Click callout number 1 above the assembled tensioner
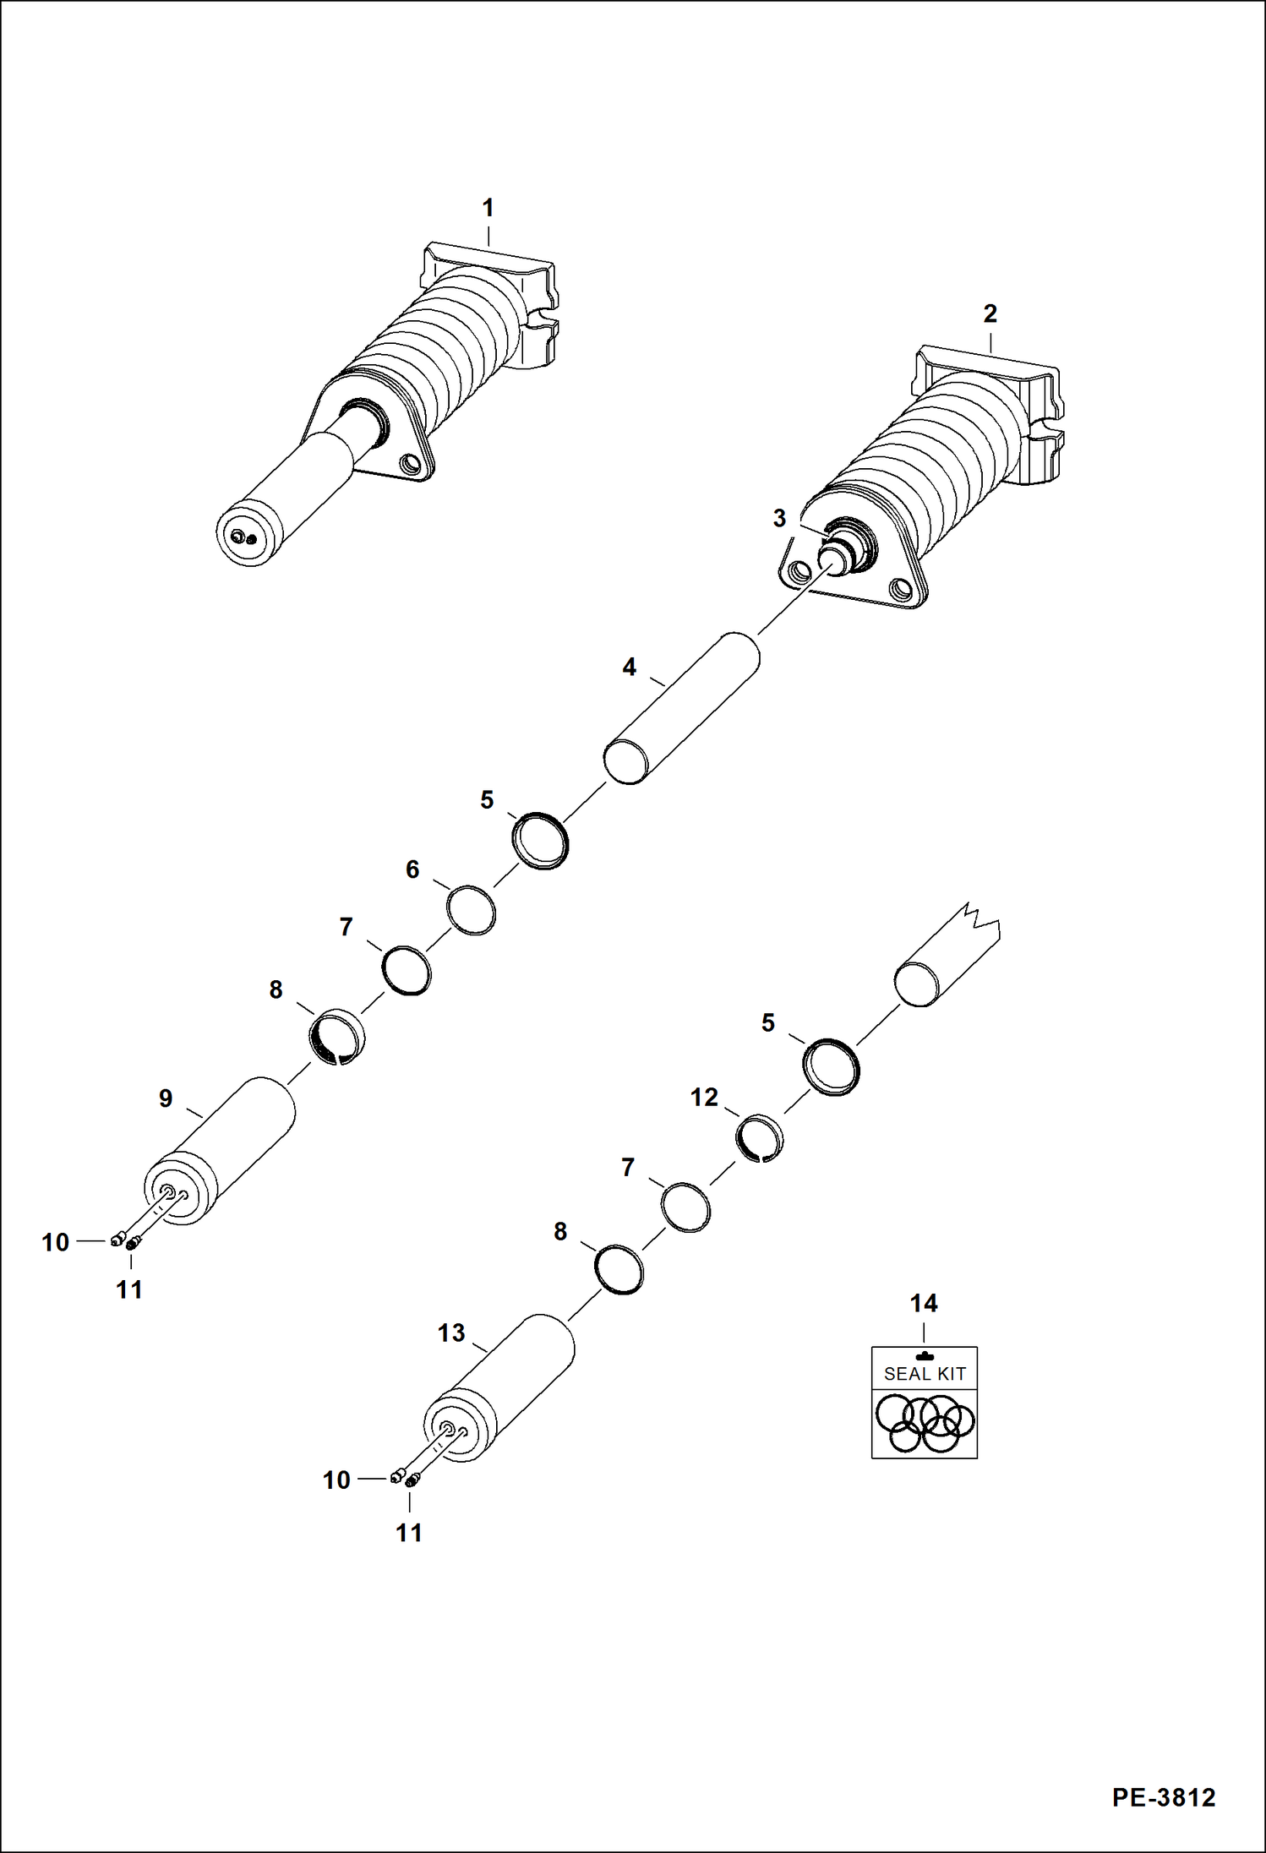[x=488, y=208]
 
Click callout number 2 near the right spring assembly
[x=990, y=314]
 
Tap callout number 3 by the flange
[x=779, y=519]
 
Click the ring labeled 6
[x=471, y=910]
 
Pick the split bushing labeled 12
[x=759, y=1137]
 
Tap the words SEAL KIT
[x=924, y=1375]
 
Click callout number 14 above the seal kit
[x=923, y=1303]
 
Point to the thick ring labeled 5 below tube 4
[x=541, y=841]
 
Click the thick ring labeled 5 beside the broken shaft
[x=832, y=1067]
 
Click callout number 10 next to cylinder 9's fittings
[x=56, y=1242]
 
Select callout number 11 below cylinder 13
[x=409, y=1533]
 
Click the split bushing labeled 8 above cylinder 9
[x=336, y=1036]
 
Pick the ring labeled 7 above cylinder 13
[x=685, y=1207]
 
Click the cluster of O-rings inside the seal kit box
[x=924, y=1422]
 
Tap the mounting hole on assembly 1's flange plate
[x=412, y=463]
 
